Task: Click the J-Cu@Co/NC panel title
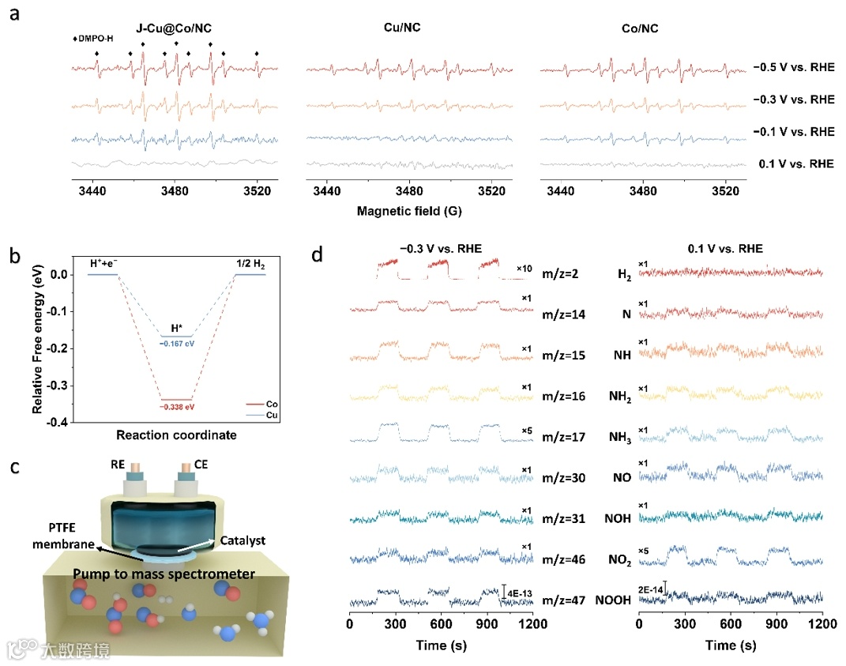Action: [174, 28]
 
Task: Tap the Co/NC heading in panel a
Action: [640, 28]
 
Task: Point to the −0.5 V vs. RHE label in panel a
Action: [794, 68]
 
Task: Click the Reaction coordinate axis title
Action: [176, 435]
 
